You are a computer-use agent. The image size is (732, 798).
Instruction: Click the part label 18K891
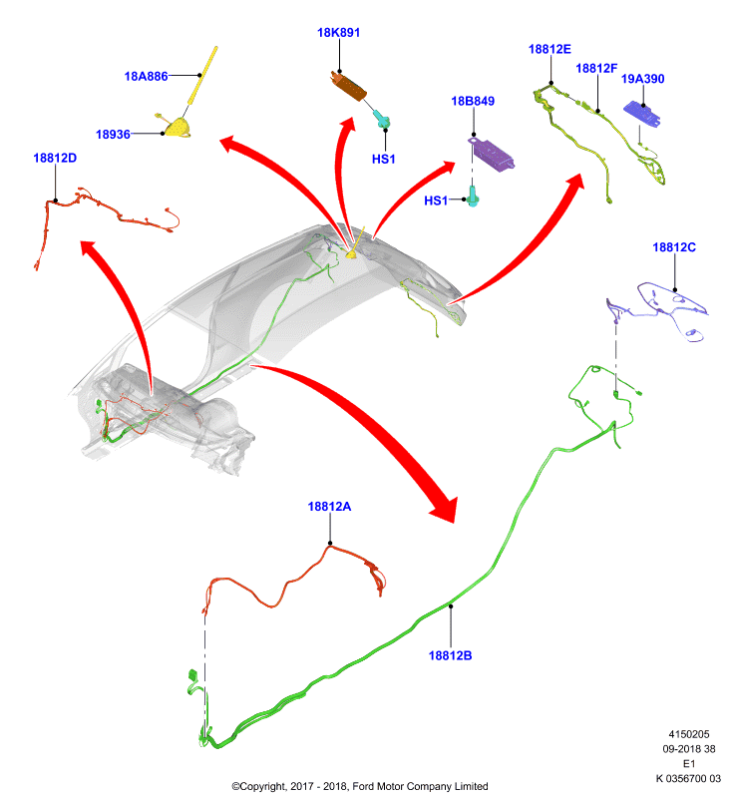(338, 33)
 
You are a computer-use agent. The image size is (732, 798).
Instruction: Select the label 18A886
(146, 77)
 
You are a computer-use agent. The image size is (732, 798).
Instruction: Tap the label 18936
(113, 135)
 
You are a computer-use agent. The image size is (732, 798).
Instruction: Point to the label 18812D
(55, 158)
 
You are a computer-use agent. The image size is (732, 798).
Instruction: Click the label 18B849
(473, 101)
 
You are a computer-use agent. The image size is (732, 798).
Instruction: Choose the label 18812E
(549, 49)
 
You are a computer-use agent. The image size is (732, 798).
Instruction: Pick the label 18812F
(596, 68)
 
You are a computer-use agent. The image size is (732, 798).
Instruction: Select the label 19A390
(642, 79)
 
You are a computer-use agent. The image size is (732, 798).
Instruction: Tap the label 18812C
(674, 247)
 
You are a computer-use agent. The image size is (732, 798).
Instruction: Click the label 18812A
(329, 507)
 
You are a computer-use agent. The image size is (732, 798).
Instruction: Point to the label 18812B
(450, 655)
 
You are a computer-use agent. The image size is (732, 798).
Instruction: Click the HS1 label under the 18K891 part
(384, 160)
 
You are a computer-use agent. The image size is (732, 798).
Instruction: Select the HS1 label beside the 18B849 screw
(436, 200)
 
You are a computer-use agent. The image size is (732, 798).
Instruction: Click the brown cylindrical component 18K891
(348, 86)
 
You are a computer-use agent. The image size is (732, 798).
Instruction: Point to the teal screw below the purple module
(473, 196)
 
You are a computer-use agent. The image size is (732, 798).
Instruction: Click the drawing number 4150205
(689, 734)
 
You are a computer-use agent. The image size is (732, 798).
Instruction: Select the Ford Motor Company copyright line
(360, 786)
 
